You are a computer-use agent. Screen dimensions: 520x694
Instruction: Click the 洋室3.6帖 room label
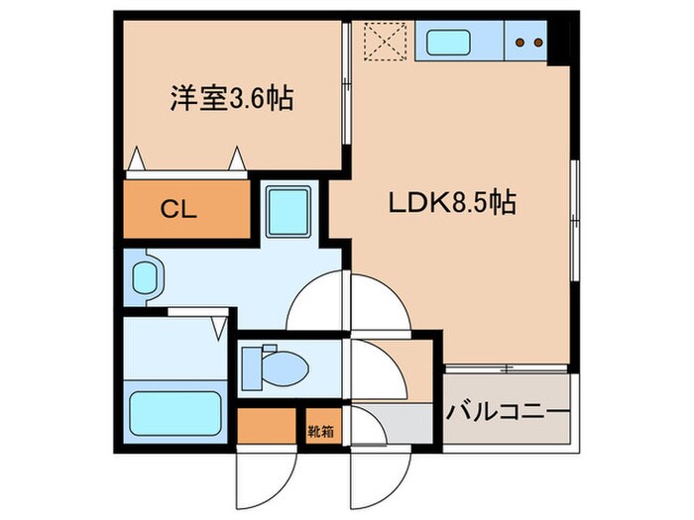[230, 99]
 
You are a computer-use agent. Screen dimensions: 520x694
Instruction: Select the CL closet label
[179, 210]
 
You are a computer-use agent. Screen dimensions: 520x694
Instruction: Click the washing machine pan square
[288, 209]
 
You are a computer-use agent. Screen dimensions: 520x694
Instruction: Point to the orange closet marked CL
[185, 210]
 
